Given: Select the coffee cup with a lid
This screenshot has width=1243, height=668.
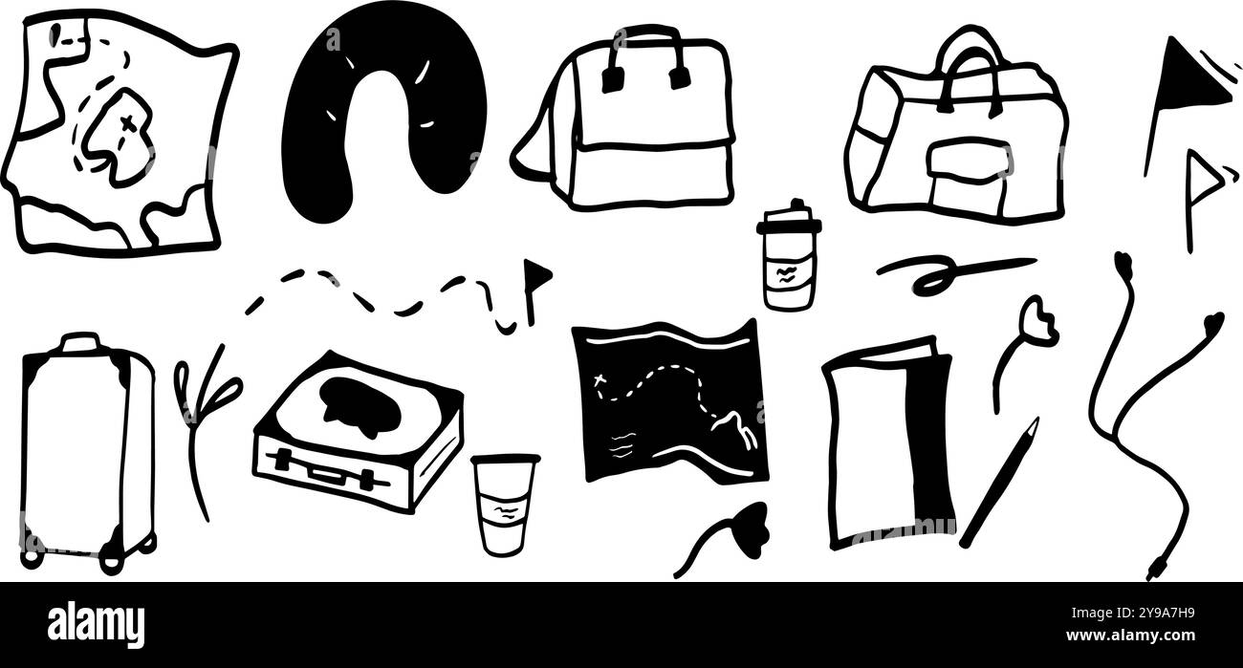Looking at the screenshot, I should (x=787, y=258).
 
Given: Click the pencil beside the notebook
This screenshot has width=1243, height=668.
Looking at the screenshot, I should (x=999, y=483).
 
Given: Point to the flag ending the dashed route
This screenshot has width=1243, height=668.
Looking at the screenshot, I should (x=537, y=273).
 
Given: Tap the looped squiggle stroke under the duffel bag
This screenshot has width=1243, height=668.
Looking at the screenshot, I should (x=942, y=272).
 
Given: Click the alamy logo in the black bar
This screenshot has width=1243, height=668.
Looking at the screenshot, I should (x=97, y=624).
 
